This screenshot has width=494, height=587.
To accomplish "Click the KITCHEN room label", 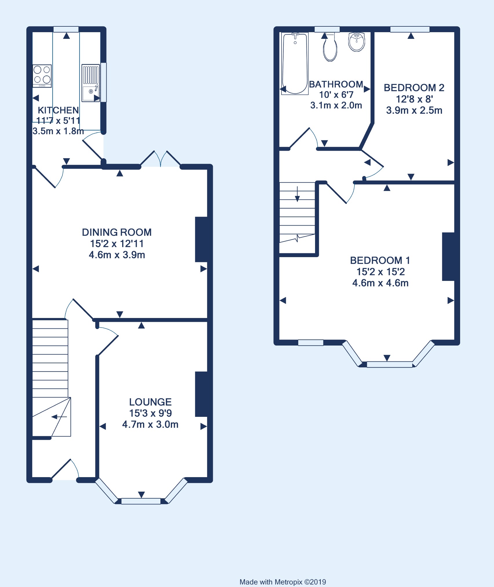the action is pos(58,110).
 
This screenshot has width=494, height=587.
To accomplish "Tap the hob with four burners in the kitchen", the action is pos(42,76).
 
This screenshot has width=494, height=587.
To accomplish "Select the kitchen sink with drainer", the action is pos(91,83).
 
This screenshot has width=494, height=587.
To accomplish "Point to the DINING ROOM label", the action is pos(117,232).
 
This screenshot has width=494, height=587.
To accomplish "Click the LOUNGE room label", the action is pos(150,402).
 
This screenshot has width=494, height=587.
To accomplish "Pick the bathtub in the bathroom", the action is pos(295,63).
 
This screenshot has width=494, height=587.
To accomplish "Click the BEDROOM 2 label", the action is pos(414,88).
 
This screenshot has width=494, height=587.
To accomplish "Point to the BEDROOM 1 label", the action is pos(380,260).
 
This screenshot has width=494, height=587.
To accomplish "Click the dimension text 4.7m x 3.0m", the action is pos(150,424).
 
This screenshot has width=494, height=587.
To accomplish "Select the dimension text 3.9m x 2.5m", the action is pos(414,110).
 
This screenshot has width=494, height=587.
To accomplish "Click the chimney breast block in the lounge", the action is pos(202,394).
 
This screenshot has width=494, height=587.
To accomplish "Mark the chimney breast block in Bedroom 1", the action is pos(448,257).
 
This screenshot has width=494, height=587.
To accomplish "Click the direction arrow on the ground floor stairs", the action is pos(59,417).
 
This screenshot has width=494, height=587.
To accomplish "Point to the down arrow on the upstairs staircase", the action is pos(297,194).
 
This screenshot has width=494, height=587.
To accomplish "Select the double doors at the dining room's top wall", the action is pos(161,159).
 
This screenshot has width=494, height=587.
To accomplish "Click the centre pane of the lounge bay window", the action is pos(141,501).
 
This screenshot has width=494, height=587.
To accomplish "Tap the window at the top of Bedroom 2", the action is pos(410,29).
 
